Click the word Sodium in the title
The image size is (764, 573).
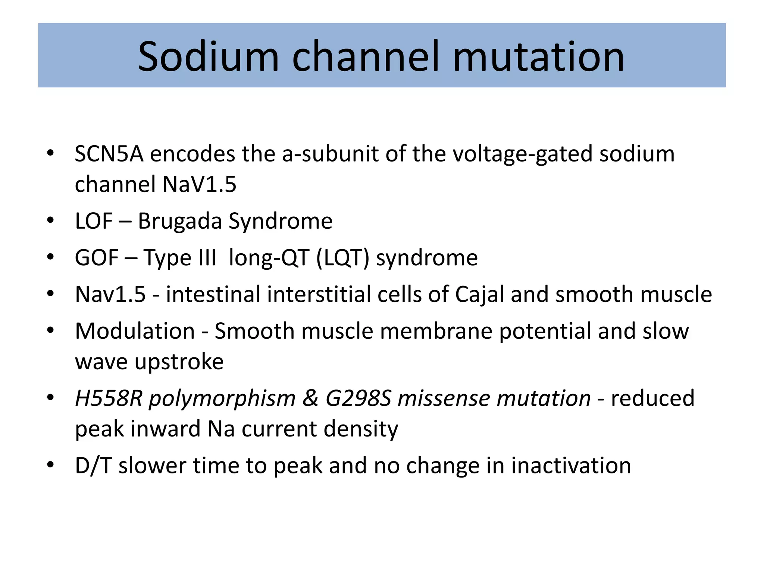click(208, 56)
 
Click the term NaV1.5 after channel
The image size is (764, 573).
click(200, 184)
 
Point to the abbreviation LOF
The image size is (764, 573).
click(94, 221)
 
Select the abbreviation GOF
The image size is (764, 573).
click(97, 257)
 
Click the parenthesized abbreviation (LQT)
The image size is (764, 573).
click(342, 257)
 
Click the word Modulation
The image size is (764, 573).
click(135, 331)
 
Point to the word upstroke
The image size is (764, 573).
click(179, 361)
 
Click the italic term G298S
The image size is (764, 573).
click(358, 398)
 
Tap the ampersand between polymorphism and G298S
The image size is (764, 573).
click(310, 398)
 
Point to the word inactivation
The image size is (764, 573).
click(571, 466)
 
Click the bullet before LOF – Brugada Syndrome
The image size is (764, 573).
click(51, 221)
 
